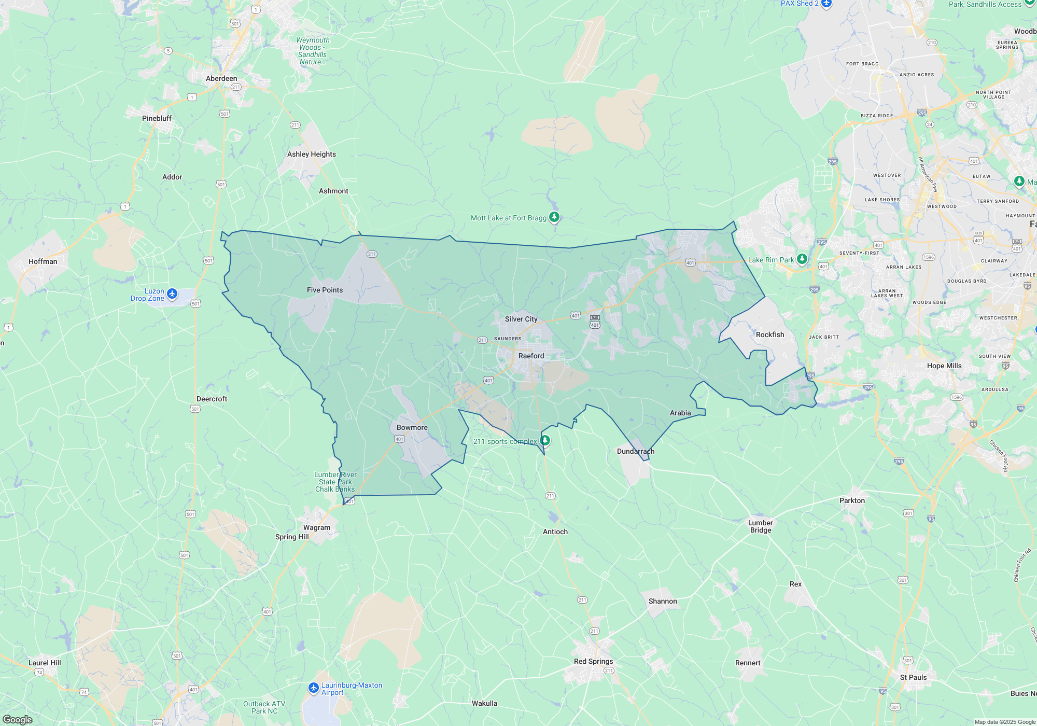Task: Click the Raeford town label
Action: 531,356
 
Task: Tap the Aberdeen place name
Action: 221,78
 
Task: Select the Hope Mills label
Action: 944,366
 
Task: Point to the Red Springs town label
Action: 593,661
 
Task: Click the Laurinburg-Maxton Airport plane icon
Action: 313,688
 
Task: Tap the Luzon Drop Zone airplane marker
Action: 172,295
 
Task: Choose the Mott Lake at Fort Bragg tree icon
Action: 554,217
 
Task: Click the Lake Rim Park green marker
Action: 802,259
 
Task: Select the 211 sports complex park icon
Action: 544,441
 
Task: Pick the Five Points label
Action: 325,290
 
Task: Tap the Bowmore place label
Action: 412,427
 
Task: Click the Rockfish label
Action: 770,334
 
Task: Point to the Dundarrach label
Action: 635,451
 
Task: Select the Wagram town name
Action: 316,527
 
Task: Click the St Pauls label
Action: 913,677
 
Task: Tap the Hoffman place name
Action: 43,261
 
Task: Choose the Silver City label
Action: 521,319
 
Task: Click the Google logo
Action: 17,720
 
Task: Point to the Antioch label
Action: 555,532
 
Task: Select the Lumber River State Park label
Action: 335,482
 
